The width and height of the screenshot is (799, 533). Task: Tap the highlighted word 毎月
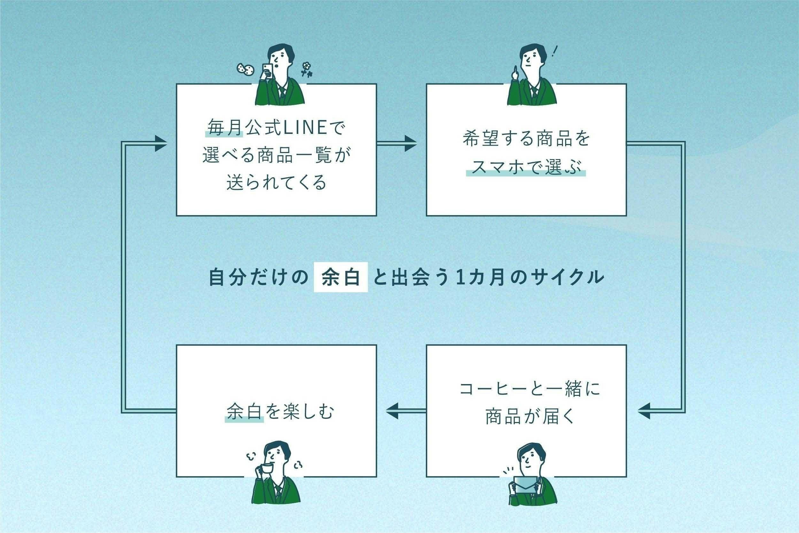point(224,128)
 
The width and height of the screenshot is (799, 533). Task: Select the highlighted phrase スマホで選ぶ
point(526,167)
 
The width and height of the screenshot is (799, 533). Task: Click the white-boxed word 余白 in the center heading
point(341,277)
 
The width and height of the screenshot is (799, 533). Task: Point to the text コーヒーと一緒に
point(529,389)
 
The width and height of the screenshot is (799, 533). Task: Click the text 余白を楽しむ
point(280,412)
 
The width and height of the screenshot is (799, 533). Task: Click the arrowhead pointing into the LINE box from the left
point(160,143)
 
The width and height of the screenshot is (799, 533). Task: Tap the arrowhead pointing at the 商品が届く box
point(643,411)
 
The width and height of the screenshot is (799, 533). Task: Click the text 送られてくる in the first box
point(276,182)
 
